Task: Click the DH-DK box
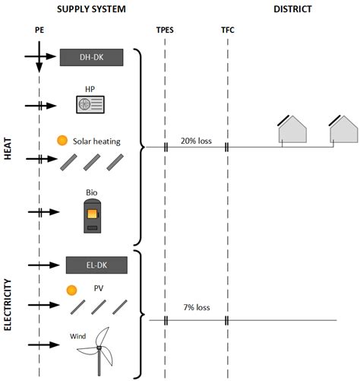[91, 57]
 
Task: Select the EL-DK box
[96, 265]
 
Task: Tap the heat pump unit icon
[90, 104]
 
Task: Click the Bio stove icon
[93, 216]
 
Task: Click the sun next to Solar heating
[62, 141]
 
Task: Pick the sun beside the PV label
[71, 291]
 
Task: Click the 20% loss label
[196, 141]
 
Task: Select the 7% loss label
[197, 307]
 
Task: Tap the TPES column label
[165, 30]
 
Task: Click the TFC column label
[228, 30]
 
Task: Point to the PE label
[39, 30]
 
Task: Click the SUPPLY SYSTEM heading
[91, 9]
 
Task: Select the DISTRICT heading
[292, 9]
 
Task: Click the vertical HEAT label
[8, 148]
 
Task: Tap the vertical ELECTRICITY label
[8, 305]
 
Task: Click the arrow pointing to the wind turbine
[43, 344]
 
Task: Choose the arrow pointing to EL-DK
[43, 265]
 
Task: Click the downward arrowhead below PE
[39, 68]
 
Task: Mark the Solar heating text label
[96, 141]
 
